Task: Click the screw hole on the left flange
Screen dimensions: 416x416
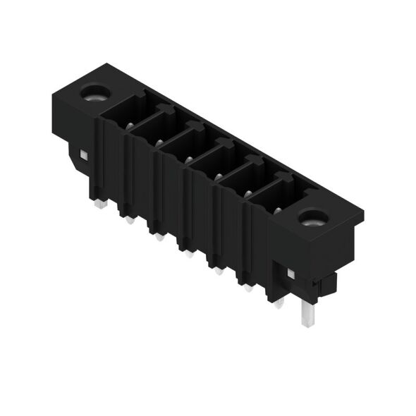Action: click(x=92, y=92)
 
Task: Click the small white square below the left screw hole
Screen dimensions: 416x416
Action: click(x=83, y=155)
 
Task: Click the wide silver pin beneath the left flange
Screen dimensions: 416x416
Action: click(x=99, y=203)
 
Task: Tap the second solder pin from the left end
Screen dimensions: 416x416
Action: click(x=158, y=237)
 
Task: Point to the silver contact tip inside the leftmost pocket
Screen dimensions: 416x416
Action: click(x=131, y=127)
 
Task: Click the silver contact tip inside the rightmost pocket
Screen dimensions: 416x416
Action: click(x=277, y=209)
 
